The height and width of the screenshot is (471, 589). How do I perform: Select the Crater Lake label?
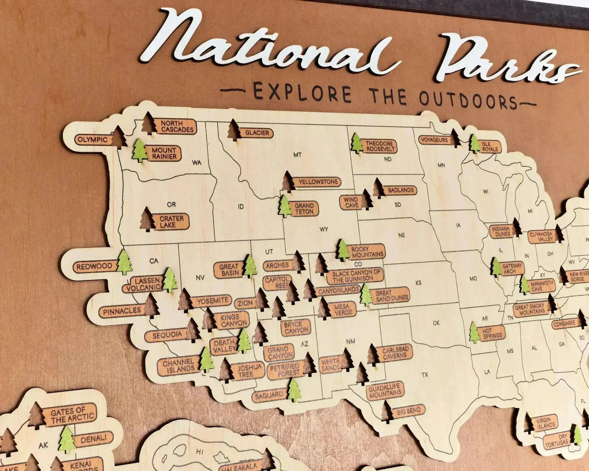pyautogui.click(x=171, y=222)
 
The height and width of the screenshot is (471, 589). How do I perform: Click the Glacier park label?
pyautogui.click(x=257, y=133)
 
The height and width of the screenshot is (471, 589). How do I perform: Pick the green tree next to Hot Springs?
pyautogui.click(x=475, y=333)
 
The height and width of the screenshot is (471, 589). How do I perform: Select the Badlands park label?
pyautogui.click(x=401, y=190)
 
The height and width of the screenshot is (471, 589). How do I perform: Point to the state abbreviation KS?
pyautogui.click(x=418, y=283)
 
